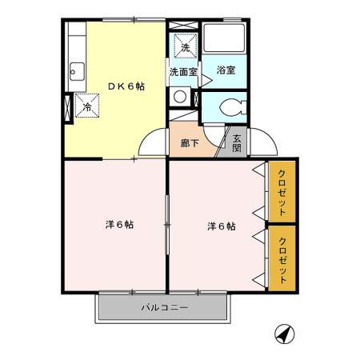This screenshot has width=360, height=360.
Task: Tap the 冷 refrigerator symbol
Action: point(86,104)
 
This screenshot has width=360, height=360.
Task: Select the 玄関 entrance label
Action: point(237,142)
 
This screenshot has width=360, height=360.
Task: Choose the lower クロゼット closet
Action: point(282,258)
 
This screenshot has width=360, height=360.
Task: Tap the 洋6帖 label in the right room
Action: point(221,226)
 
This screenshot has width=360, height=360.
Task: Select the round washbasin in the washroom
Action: point(181,97)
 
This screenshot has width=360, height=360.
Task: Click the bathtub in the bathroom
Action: point(223,40)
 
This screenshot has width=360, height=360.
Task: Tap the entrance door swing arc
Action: point(262,143)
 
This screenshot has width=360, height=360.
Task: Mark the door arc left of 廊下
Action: point(153,143)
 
